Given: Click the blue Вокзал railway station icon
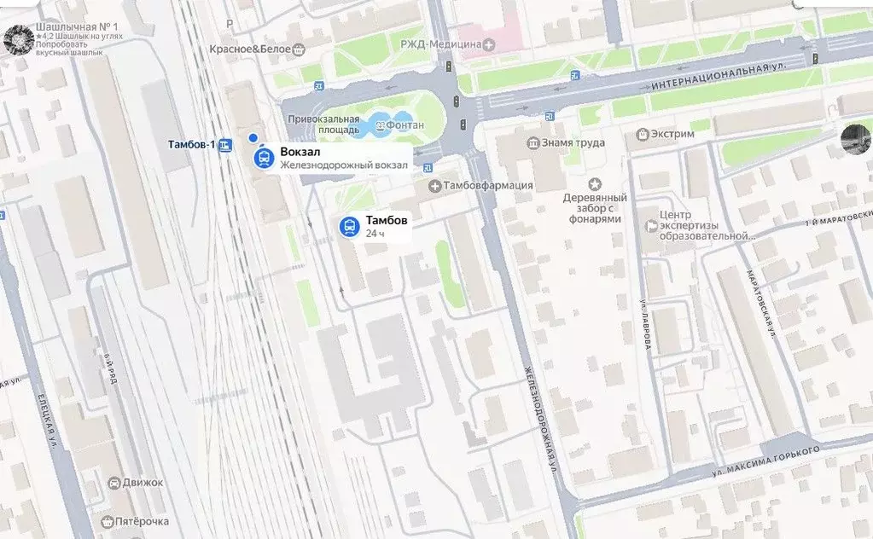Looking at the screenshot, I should click(x=265, y=159).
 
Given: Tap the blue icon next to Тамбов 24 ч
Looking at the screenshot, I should click(x=348, y=226).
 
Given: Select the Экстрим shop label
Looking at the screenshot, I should click(x=670, y=135).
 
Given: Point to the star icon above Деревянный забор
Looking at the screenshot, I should click(x=596, y=183).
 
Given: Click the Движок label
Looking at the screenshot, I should click(x=142, y=483).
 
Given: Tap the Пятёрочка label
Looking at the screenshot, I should click(x=141, y=520).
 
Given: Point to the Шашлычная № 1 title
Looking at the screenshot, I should click(x=77, y=27).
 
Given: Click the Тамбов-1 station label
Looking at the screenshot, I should click(x=192, y=144).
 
